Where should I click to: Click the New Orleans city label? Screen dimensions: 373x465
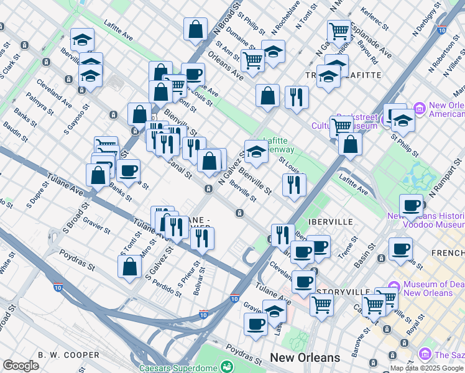305,358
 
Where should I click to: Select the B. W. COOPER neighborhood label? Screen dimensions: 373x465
68,355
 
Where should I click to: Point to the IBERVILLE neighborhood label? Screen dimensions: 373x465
330,222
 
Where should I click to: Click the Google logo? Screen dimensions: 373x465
21,366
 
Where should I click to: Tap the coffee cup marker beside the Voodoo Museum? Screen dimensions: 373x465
411,205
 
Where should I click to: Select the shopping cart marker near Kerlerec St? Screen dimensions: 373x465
339,30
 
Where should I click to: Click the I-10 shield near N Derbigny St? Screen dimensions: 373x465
441,29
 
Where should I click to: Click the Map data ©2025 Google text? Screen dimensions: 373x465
427,369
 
